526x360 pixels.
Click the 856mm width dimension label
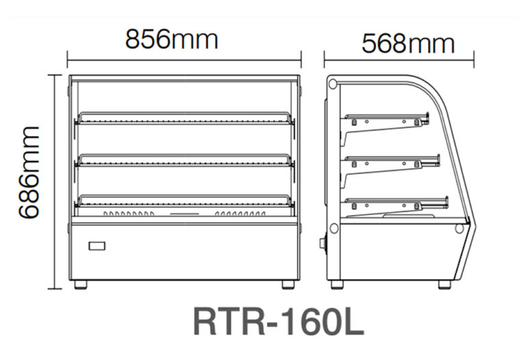[172, 40]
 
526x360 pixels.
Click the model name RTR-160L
[278, 321]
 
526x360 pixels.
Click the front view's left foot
[80, 284]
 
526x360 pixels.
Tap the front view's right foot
[288, 284]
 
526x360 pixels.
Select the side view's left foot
[336, 284]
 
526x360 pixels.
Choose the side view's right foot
[446, 284]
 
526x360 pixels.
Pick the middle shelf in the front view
[185, 160]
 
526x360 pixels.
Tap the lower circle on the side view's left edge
[333, 228]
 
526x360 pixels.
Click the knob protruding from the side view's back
[322, 244]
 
